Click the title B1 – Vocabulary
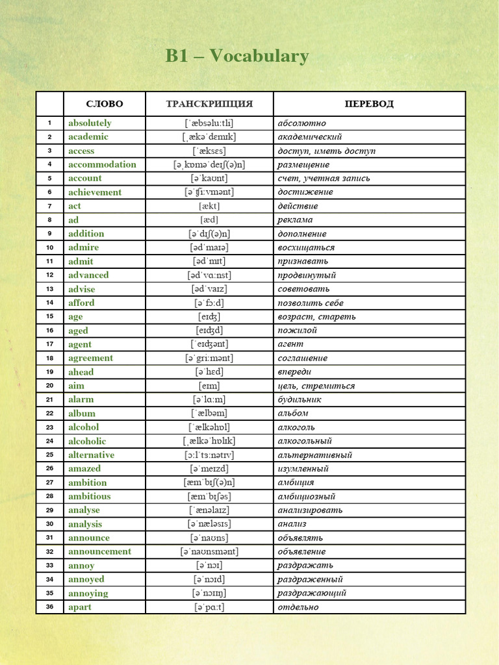point(237,56)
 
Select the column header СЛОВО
point(105,104)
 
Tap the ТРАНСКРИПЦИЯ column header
point(209,104)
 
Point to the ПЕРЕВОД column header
point(369,104)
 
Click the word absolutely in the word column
point(90,123)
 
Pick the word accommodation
point(102,164)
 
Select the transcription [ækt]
point(209,206)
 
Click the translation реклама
point(295,220)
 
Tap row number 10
point(49,247)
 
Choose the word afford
point(81,303)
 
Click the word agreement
point(90,358)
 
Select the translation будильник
point(300,399)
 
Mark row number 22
point(49,413)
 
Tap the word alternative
point(91,455)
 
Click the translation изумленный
point(303,468)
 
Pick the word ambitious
point(90,496)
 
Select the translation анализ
point(292,524)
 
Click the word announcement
point(99,551)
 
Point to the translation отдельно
point(298,607)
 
